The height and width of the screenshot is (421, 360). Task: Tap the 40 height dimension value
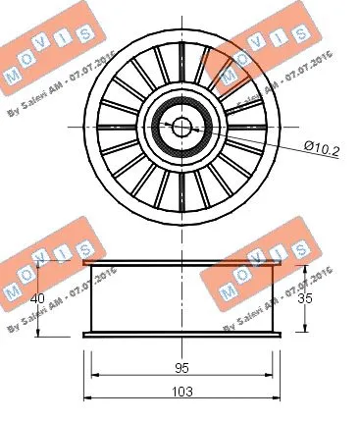pyautogui.click(x=39, y=299)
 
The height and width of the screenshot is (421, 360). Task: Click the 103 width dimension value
pyautogui.click(x=182, y=390)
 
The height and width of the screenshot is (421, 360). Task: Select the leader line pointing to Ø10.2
pyautogui.click(x=255, y=140)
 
